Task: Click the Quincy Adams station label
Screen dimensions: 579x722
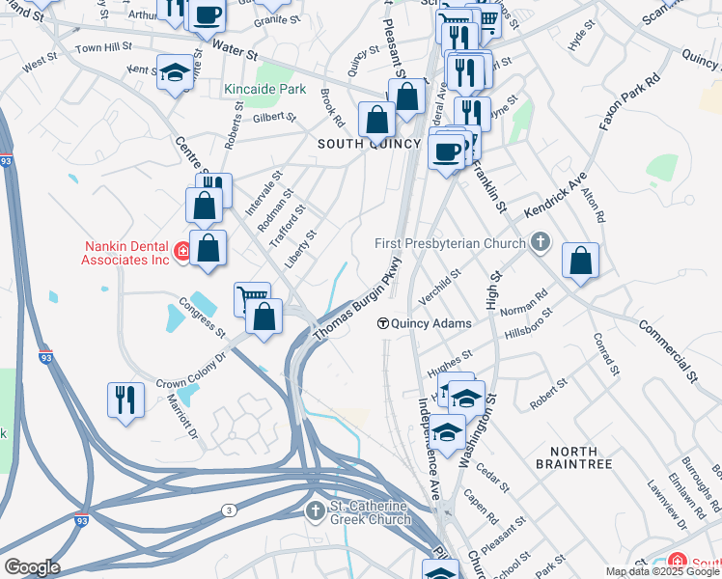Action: click(433, 323)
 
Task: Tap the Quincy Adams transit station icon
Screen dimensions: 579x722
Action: click(383, 323)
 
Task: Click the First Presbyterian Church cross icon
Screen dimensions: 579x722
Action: click(541, 243)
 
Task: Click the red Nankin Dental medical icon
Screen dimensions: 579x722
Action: click(181, 252)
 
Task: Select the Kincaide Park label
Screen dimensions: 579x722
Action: click(264, 90)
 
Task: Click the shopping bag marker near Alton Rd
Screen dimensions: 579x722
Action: click(580, 261)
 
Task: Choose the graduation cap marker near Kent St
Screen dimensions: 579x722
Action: click(175, 73)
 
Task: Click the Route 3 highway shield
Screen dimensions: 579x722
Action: click(228, 510)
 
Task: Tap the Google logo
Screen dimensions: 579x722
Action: click(32, 567)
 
